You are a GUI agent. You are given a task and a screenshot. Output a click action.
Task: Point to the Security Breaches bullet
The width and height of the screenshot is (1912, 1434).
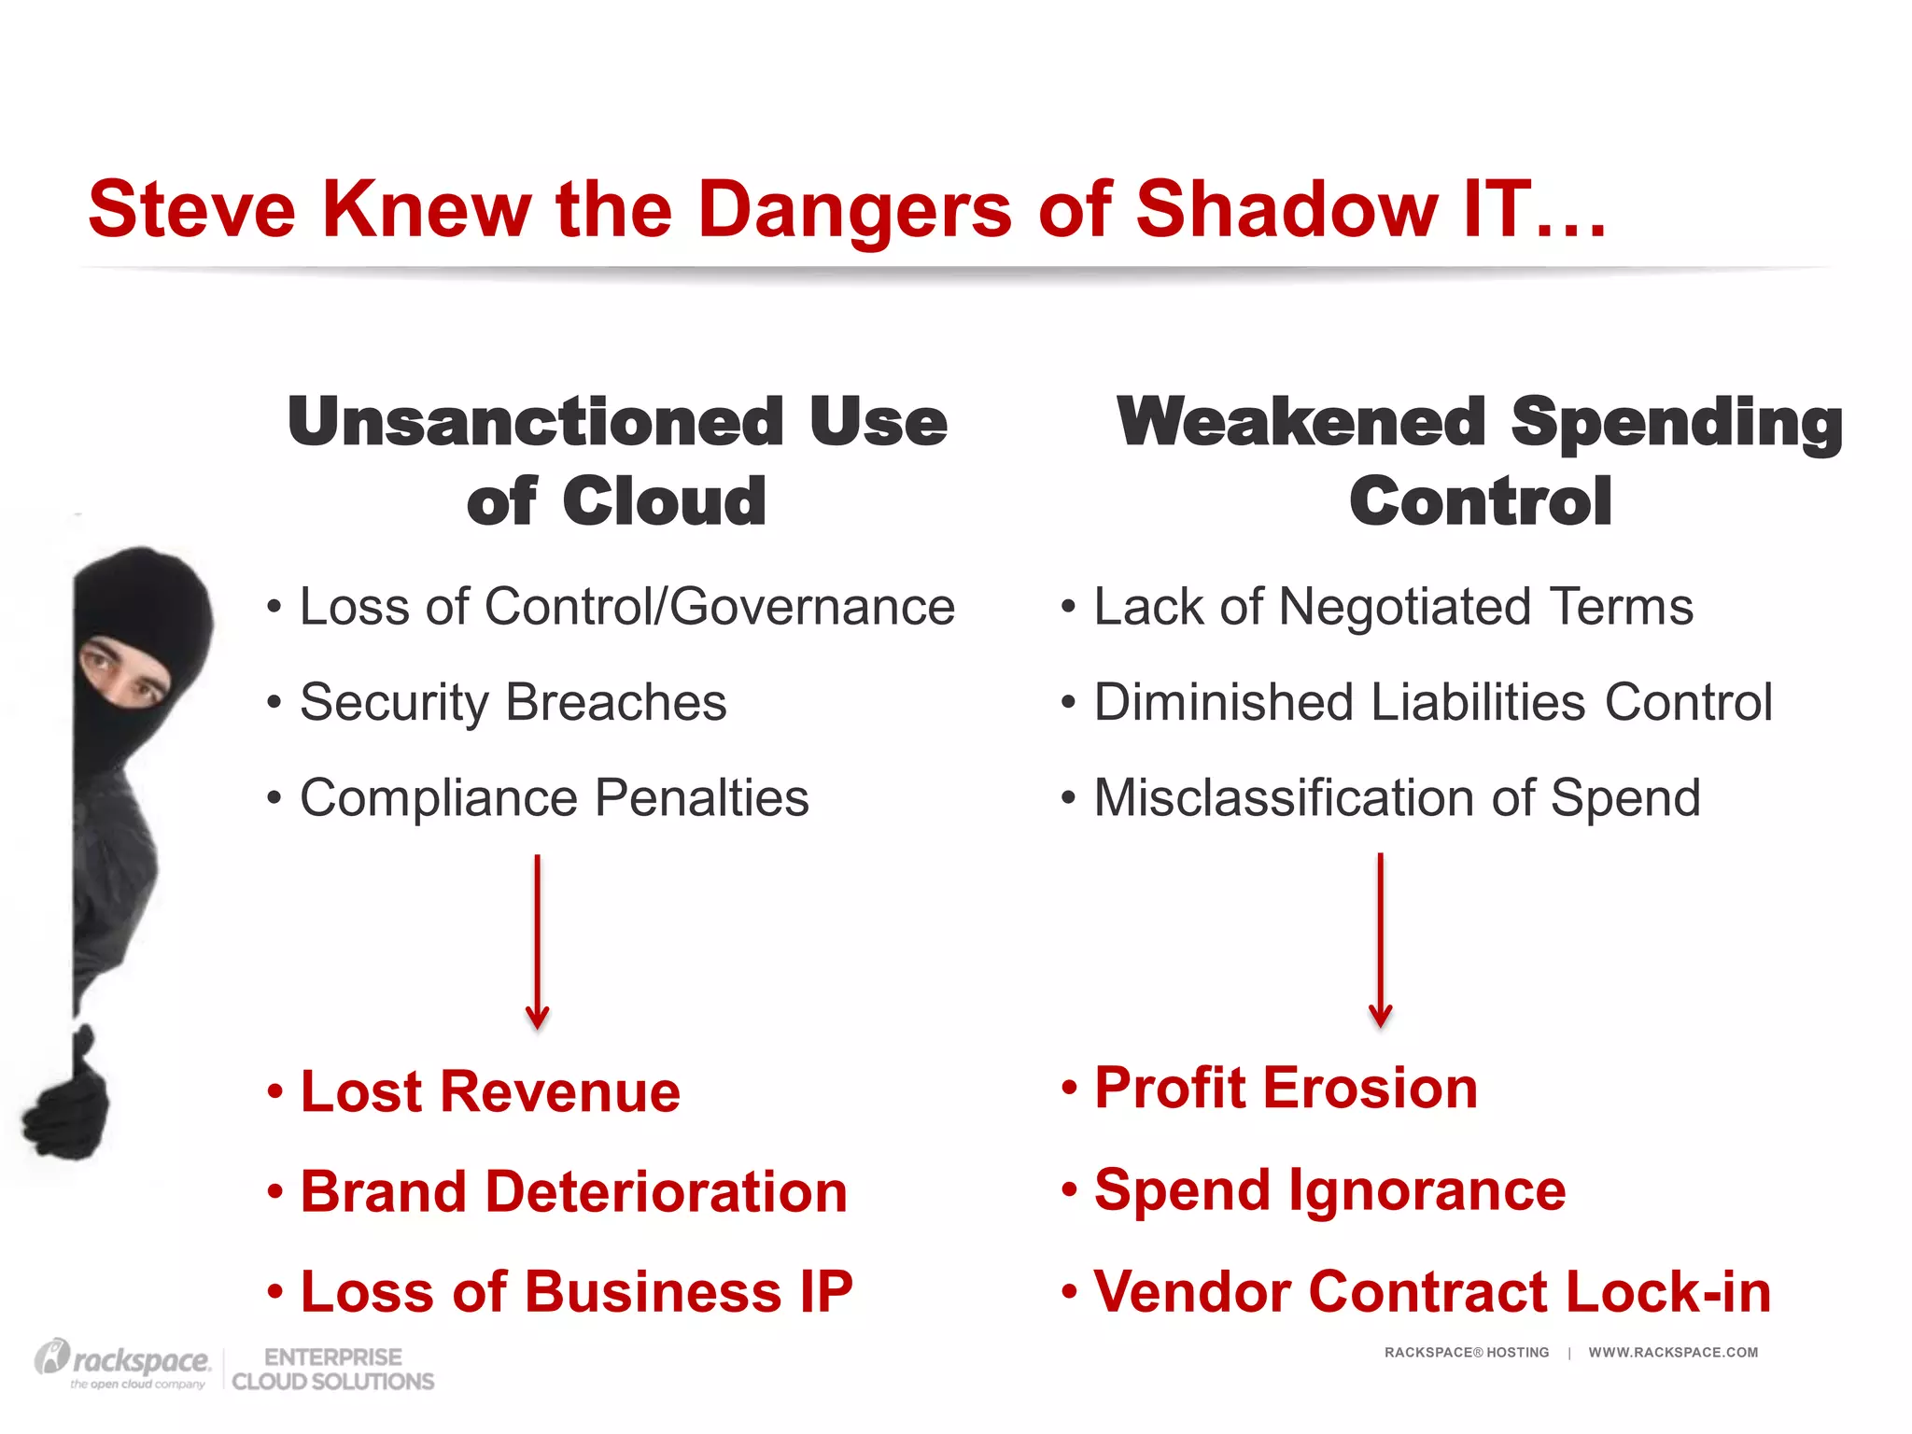pos(513,702)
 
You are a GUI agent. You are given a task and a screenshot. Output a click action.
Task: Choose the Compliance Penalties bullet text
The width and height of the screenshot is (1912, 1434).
pos(554,798)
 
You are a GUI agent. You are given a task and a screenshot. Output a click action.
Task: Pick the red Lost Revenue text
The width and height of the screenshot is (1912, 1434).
pos(490,1091)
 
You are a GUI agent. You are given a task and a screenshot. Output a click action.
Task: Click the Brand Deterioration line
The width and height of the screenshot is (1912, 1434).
pos(573,1192)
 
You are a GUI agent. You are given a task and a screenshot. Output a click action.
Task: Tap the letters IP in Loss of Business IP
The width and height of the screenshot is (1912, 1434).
pos(825,1292)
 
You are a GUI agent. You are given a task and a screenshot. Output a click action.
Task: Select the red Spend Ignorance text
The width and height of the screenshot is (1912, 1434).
pos(1329,1190)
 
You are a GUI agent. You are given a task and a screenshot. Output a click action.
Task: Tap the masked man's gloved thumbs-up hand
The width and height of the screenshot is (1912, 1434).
pos(67,1102)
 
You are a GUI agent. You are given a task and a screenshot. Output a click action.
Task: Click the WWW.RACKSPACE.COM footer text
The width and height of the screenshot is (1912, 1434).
pos(1673,1353)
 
